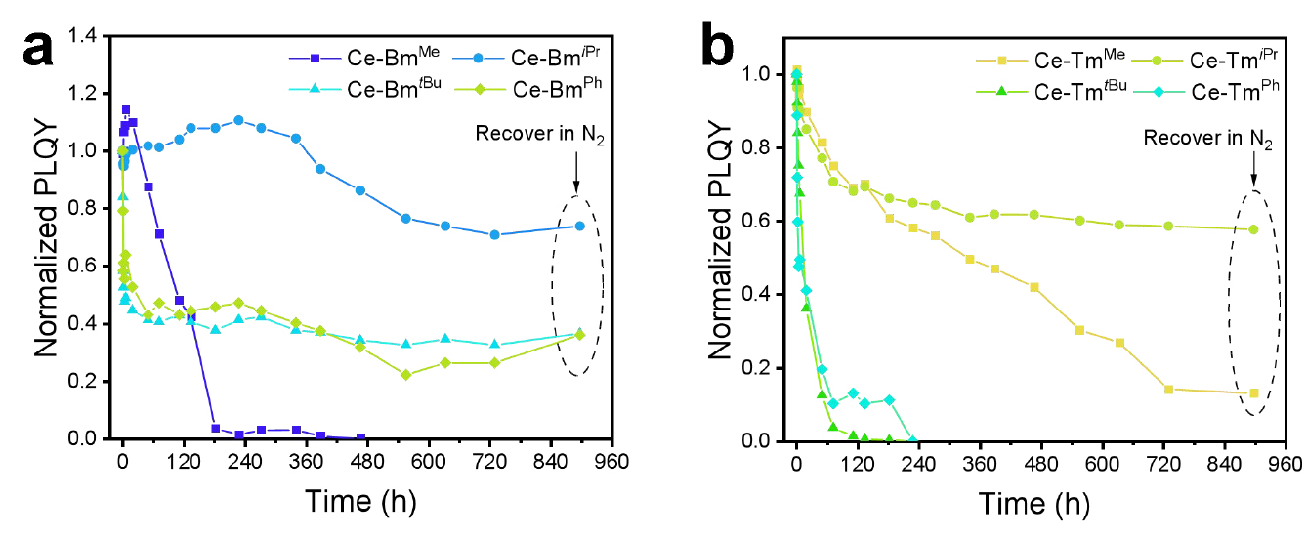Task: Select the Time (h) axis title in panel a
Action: [360, 502]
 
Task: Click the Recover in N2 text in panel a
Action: [540, 134]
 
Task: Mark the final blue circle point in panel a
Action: [579, 226]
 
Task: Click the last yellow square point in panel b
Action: [1254, 392]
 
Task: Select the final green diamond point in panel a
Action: [579, 335]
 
